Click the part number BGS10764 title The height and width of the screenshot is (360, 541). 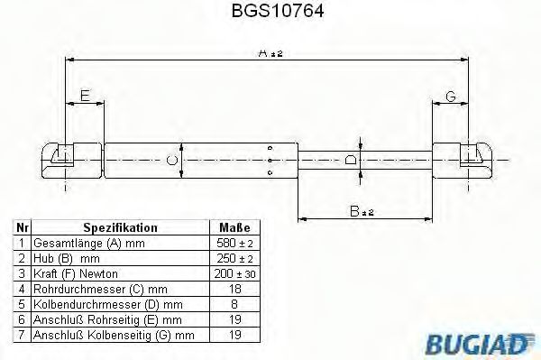coord(270,13)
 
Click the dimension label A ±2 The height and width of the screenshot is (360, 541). coord(270,54)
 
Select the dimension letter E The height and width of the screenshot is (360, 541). coord(85,97)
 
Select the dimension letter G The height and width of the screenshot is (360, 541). coord(450,97)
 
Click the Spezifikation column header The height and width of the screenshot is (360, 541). coord(120,228)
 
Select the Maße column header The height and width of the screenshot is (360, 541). coord(234,228)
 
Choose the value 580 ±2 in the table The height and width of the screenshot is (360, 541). coord(234,244)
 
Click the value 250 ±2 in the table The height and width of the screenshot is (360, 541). coord(234,259)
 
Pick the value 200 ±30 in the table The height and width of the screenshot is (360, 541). coord(234,273)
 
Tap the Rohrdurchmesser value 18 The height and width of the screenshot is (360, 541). coord(234,289)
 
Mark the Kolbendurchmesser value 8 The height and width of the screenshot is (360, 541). coord(234,304)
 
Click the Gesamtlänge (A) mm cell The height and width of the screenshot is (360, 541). coord(77,244)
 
